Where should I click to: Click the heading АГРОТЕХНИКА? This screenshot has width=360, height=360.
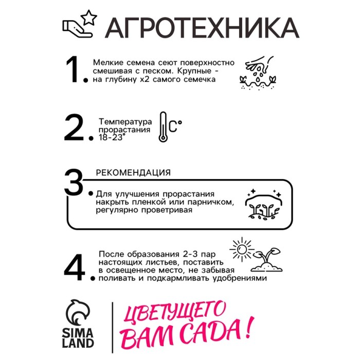pyautogui.click(x=202, y=28)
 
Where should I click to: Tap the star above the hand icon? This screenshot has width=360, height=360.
pyautogui.click(x=89, y=17)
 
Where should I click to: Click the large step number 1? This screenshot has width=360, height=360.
pyautogui.click(x=74, y=69)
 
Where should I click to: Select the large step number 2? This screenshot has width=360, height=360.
pyautogui.click(x=74, y=128)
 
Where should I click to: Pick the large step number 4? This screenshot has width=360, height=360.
pyautogui.click(x=75, y=267)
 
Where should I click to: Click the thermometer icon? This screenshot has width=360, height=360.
pyautogui.click(x=163, y=127)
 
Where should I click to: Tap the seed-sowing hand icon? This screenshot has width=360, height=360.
pyautogui.click(x=258, y=73)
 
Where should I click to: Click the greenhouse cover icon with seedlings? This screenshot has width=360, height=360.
pyautogui.click(x=264, y=204)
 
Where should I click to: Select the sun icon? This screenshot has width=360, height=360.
pyautogui.click(x=242, y=249)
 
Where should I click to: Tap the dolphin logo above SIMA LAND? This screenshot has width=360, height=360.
pyautogui.click(x=77, y=312)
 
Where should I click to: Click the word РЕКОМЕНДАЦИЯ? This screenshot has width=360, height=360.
pyautogui.click(x=133, y=173)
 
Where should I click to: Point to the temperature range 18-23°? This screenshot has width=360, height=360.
pyautogui.click(x=112, y=137)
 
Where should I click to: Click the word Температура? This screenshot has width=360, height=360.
pyautogui.click(x=125, y=122)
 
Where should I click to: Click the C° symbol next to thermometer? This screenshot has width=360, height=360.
pyautogui.click(x=175, y=127)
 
